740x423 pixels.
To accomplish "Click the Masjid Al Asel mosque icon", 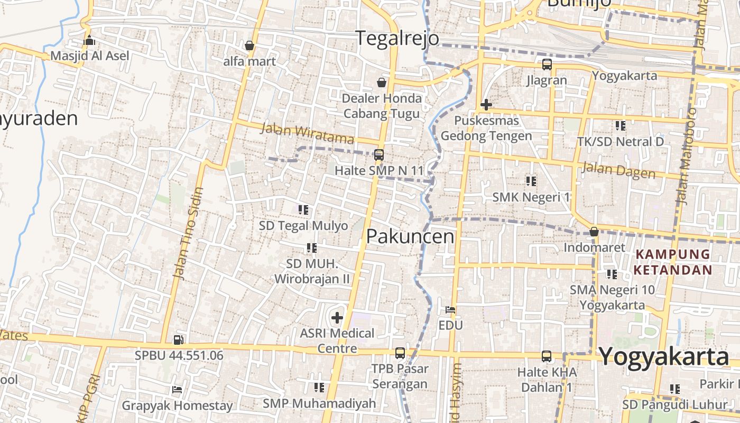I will (89, 40).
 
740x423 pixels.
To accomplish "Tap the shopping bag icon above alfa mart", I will (249, 45).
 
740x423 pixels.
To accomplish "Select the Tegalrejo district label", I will (397, 38).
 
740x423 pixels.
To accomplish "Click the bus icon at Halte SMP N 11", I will (379, 155).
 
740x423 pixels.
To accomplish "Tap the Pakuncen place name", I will (410, 236).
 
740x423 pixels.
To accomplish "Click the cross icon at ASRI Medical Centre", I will (337, 318).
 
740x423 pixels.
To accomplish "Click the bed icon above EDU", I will (450, 310).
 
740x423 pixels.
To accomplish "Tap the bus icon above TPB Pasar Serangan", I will (400, 353).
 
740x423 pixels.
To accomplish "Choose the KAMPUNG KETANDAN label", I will (673, 262).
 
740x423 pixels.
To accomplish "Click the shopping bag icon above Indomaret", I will (594, 232).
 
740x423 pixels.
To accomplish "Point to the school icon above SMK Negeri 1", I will (531, 181).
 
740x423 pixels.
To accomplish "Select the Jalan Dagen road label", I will (618, 171).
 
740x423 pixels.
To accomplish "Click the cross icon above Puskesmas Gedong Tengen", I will (486, 105).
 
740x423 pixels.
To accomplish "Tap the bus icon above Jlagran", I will (547, 65).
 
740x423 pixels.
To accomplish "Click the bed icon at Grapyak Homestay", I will (177, 390).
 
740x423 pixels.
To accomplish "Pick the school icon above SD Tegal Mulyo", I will (303, 210).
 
